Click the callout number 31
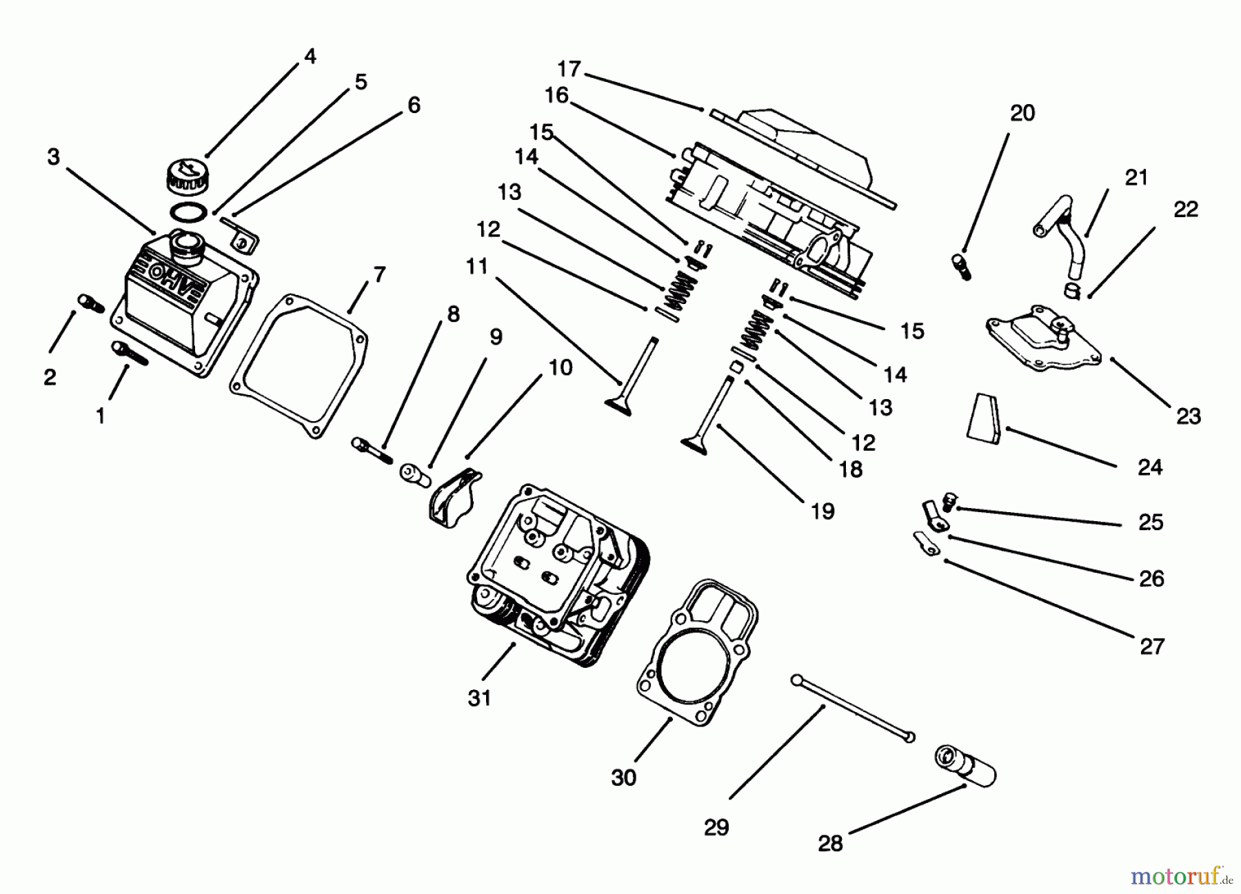click(x=479, y=698)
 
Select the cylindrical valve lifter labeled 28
click(x=965, y=764)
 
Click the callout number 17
click(x=569, y=70)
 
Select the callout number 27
click(x=1151, y=646)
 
